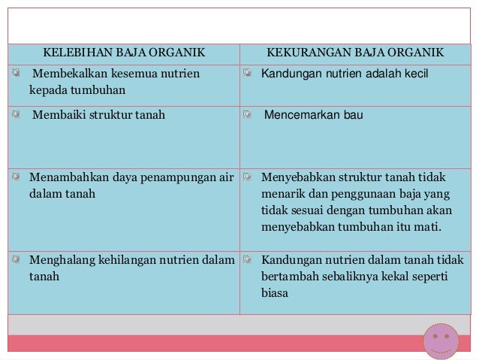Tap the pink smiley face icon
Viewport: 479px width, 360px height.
coord(441,340)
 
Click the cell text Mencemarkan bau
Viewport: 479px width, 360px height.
coord(312,116)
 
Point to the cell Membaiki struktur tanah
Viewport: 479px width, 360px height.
coord(98,116)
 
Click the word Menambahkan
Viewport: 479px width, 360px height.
coord(61,179)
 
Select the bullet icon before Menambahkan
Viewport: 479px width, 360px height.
coord(17,178)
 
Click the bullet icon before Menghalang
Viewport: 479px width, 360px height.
coord(17,260)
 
